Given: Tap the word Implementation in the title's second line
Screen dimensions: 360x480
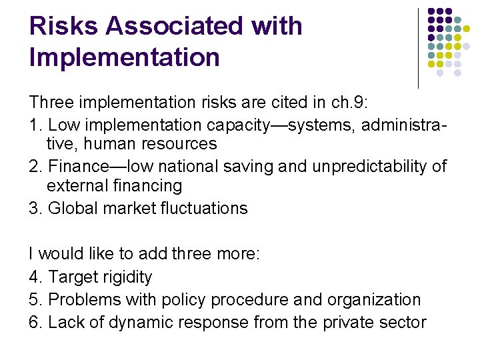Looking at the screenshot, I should (125, 57).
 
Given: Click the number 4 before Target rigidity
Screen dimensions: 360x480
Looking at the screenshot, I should (33, 277).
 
